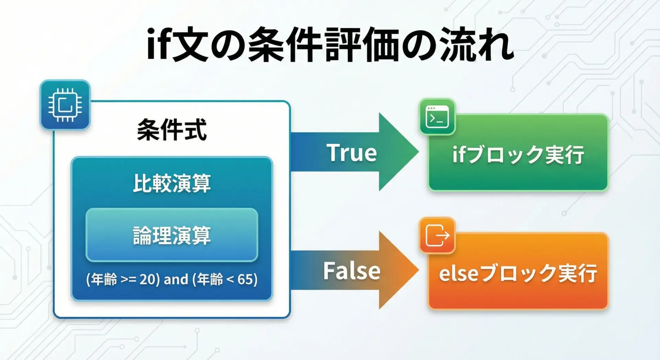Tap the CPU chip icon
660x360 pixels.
coord(65,105)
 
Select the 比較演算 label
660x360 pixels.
coord(172,183)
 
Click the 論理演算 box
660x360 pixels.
coord(172,235)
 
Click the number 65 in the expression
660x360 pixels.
coord(245,280)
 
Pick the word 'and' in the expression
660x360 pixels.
coord(176,280)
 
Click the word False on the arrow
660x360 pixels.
coord(352,271)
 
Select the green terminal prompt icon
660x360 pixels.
coord(437,117)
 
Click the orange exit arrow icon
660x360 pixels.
coord(437,235)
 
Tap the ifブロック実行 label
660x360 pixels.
coord(518,154)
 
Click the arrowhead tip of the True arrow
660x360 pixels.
coord(419,152)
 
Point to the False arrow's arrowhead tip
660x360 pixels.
coord(419,270)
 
